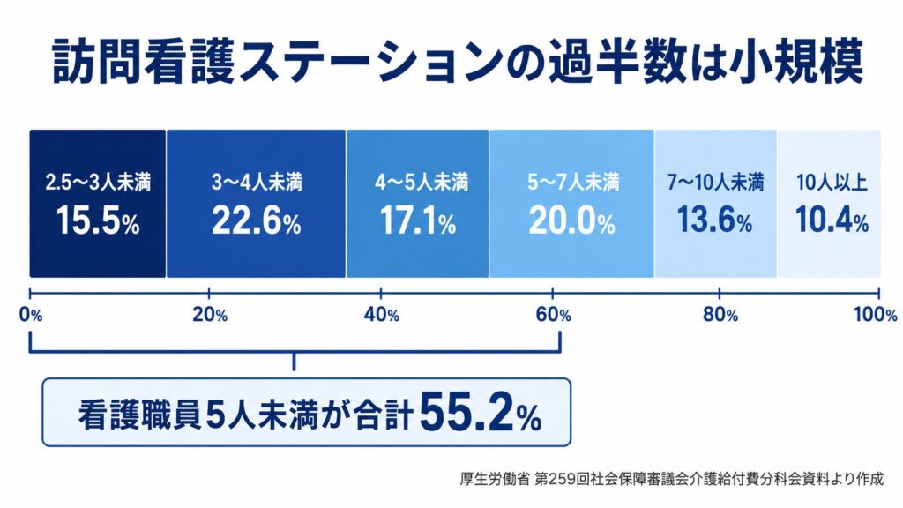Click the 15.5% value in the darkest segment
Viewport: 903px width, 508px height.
click(x=98, y=221)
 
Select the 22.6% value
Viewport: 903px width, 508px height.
click(x=257, y=221)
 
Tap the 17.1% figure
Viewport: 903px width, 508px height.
click(x=417, y=221)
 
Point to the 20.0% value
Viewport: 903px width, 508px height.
click(x=571, y=221)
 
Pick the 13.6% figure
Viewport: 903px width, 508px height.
click(x=714, y=220)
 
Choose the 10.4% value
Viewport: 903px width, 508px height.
click(x=832, y=220)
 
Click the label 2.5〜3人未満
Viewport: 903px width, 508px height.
click(x=98, y=183)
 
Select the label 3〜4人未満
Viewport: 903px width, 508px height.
click(x=257, y=183)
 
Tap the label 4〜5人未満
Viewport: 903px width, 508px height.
click(x=422, y=183)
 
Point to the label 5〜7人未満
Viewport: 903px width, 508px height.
click(x=573, y=183)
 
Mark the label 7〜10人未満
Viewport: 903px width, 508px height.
click(x=715, y=183)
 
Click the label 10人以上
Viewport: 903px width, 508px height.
click(x=832, y=183)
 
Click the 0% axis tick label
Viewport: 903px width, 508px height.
click(x=31, y=315)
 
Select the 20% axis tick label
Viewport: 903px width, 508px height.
click(x=210, y=315)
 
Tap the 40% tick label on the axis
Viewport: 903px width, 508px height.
click(x=381, y=315)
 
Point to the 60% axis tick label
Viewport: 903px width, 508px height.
click(x=553, y=315)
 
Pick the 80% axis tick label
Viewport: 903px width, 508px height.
click(x=720, y=315)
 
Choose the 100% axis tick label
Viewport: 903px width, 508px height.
click(x=875, y=315)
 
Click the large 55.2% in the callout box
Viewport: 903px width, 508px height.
click(x=481, y=413)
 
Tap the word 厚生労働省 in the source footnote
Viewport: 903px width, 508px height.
click(x=494, y=479)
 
